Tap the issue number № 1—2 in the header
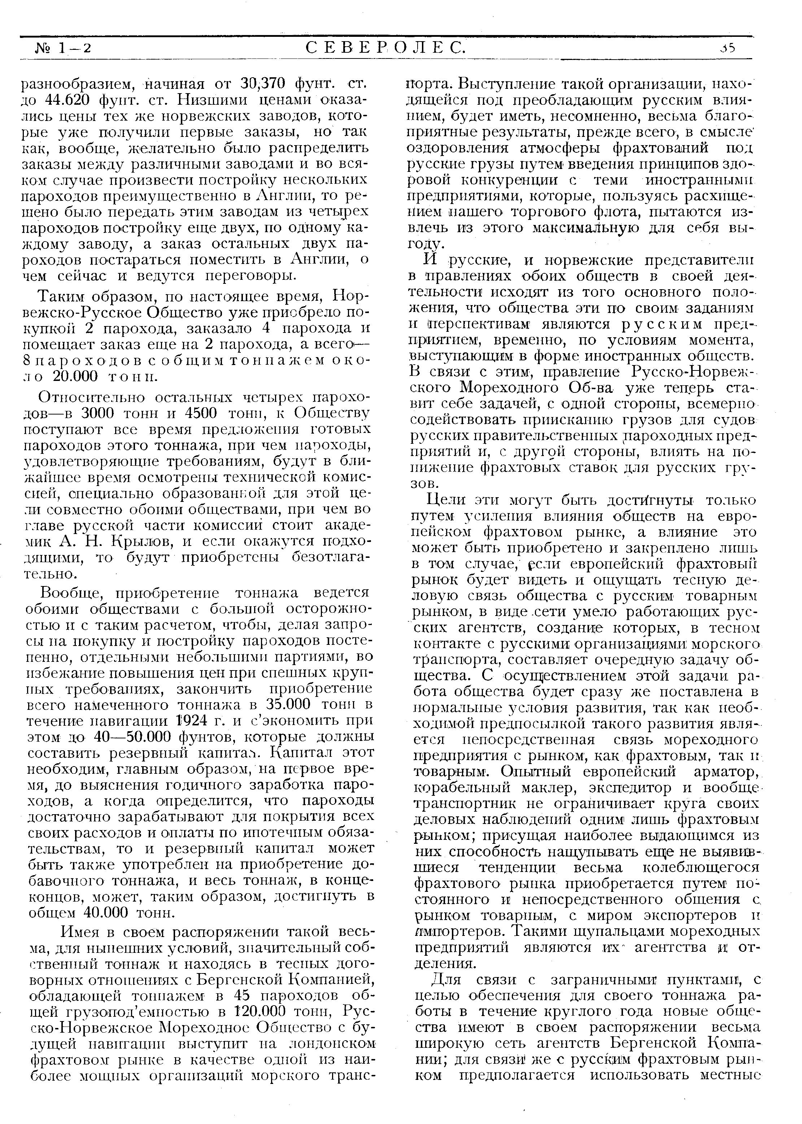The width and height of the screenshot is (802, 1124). (x=64, y=48)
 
